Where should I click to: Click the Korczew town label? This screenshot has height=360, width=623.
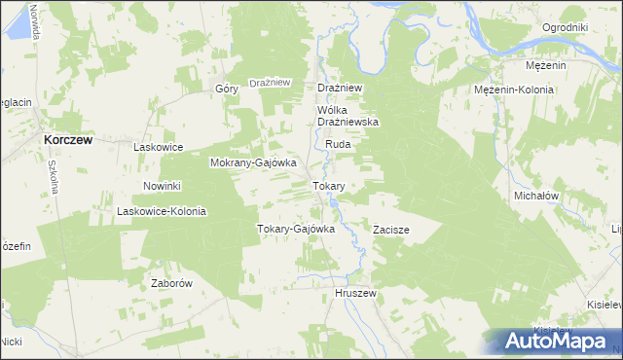point(67,140)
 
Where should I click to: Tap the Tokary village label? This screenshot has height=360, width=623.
point(327,185)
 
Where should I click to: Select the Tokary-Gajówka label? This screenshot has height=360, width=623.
point(295,230)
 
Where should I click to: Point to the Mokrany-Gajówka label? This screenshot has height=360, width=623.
point(246,163)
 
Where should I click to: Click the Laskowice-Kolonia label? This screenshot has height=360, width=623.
point(162,211)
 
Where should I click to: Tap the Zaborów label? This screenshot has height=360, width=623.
point(170,283)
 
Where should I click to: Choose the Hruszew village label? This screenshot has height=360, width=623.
point(354,293)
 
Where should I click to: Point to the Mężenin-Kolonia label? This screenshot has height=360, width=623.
point(514,90)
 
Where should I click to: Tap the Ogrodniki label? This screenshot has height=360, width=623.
point(566,27)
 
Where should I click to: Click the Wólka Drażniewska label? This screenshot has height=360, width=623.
point(348,116)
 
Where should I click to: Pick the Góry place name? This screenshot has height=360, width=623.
point(227,89)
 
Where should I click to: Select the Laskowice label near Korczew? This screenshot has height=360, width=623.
point(159,147)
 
